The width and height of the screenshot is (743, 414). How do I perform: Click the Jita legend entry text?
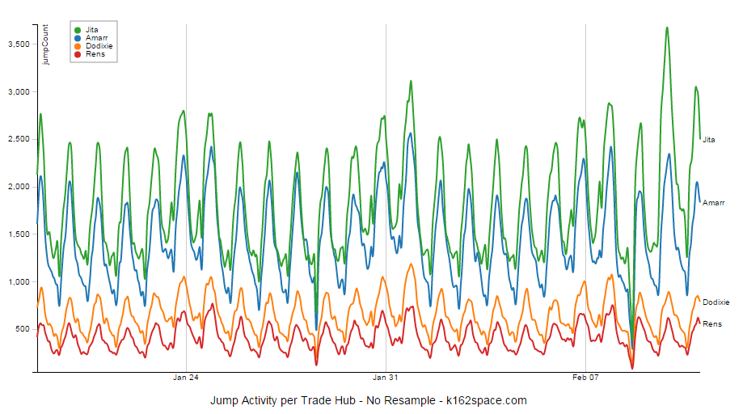point(91,29)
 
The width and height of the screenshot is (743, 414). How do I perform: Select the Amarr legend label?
point(95,38)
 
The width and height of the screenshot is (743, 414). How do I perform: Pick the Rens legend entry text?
point(94,54)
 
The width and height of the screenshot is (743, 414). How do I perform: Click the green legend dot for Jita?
point(78,29)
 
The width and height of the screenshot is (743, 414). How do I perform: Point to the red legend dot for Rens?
point(78,54)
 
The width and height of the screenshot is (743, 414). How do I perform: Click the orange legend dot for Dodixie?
point(78,46)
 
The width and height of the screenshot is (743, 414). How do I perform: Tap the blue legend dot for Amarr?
point(78,38)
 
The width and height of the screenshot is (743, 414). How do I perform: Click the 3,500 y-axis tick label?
point(18,44)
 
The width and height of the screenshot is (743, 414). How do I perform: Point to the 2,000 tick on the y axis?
point(18,187)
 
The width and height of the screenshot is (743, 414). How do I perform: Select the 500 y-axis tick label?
point(22,329)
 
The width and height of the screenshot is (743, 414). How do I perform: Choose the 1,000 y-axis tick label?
point(18,281)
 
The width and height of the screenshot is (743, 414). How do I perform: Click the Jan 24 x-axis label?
point(186,377)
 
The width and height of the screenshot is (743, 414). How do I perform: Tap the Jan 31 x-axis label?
point(386,377)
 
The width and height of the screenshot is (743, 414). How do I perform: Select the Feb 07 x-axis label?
point(585,377)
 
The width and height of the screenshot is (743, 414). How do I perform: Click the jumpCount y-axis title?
point(45,44)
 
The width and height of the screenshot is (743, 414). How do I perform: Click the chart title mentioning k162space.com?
point(368,400)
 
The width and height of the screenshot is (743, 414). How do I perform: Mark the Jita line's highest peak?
point(666,27)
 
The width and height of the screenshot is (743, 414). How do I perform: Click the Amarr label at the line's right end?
point(712,202)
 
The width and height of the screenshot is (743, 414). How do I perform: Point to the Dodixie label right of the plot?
point(716,302)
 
